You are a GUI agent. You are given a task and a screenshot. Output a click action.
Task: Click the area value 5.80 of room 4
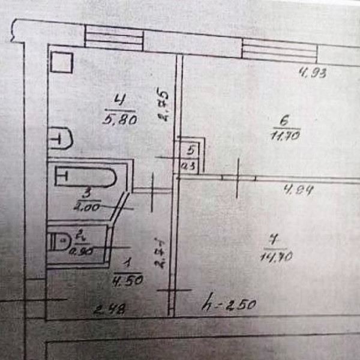[122, 119]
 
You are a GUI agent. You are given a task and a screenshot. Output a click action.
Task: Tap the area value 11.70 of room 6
[286, 136]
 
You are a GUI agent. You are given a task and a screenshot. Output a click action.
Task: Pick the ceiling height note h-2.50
[230, 304]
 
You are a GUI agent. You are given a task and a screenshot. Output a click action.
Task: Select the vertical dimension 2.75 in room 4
[162, 106]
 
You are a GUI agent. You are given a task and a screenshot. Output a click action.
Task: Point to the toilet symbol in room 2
[61, 242]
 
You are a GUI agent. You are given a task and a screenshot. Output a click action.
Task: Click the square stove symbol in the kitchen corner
[61, 63]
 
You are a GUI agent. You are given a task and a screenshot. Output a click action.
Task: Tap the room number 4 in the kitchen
[122, 100]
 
